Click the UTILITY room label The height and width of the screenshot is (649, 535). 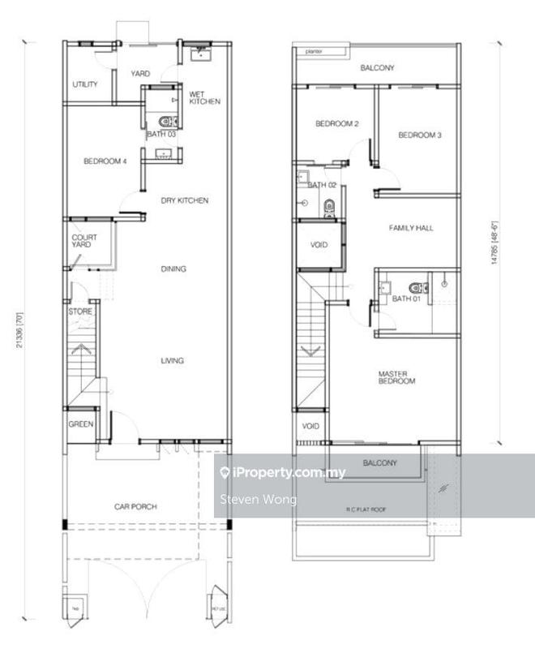click(85, 84)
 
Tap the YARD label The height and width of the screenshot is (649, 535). click(140, 74)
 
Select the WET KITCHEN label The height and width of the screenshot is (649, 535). click(204, 97)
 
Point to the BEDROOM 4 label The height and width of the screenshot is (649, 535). click(105, 161)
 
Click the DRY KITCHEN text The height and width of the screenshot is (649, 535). click(184, 200)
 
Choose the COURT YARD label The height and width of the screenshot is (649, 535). click(85, 241)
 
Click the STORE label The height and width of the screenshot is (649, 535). click(80, 312)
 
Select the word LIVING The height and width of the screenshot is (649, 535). click(172, 361)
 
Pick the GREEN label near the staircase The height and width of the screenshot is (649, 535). click(80, 424)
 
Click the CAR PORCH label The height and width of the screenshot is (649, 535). click(135, 507)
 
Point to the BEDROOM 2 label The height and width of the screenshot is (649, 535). click(336, 123)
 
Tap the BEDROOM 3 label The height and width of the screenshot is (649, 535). click(419, 135)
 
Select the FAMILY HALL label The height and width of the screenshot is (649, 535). click(411, 228)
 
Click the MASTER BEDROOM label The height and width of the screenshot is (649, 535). click(396, 377)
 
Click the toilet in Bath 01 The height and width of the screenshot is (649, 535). click(416, 286)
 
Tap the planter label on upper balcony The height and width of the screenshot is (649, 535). click(313, 51)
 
